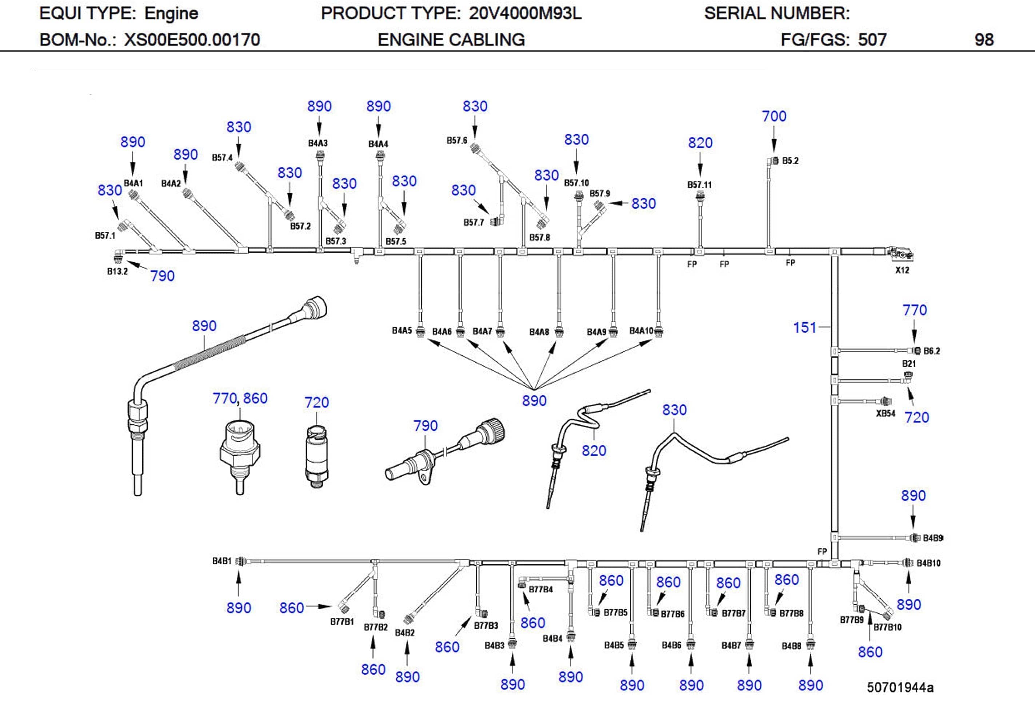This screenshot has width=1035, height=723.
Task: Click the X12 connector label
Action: point(902,270)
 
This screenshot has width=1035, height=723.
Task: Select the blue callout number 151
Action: point(805,327)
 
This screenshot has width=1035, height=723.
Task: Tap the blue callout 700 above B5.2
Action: point(774,116)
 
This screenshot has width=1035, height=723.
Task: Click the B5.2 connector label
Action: point(790,161)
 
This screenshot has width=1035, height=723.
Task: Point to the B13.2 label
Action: point(117,271)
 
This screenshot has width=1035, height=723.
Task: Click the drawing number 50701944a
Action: point(900,687)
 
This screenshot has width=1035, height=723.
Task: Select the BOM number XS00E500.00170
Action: point(192,40)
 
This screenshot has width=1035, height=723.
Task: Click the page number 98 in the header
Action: point(984,40)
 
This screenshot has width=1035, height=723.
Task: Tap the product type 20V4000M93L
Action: point(525,13)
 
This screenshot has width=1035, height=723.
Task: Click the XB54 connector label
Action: point(885,413)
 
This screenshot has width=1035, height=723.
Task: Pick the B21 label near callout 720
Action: point(909,364)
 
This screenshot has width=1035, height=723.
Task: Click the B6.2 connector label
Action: point(932,351)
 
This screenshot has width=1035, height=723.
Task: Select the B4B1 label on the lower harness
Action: point(221,561)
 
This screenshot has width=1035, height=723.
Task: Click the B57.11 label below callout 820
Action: point(699,185)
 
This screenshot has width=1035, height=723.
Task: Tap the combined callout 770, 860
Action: point(240,398)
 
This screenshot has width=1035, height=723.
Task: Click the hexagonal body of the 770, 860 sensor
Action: point(240,455)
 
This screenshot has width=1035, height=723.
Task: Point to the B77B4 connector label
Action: point(540,589)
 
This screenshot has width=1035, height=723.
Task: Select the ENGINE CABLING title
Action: point(451,40)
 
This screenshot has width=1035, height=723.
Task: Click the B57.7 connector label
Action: point(473,222)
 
